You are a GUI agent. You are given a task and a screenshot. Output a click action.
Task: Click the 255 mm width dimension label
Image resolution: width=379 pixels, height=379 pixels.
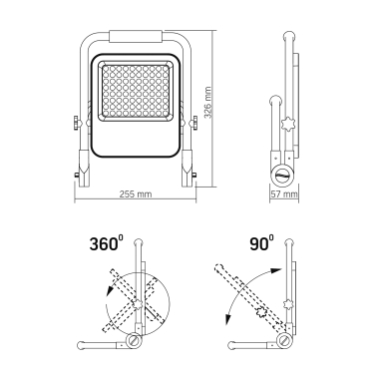[x=136, y=193]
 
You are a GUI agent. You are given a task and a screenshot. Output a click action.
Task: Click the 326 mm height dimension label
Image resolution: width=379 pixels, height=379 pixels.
[x=208, y=103]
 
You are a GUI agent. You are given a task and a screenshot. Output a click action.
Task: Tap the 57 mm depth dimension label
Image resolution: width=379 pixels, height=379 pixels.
[x=284, y=194]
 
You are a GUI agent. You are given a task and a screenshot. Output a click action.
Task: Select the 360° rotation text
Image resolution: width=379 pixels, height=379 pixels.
[x=104, y=243]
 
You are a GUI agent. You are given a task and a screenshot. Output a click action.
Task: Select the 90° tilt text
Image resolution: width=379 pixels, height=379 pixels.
[x=261, y=243]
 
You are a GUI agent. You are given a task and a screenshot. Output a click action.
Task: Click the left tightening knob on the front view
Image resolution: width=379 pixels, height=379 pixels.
[x=77, y=122]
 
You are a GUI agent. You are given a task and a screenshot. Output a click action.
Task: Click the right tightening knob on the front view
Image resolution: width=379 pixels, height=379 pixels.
[x=193, y=122]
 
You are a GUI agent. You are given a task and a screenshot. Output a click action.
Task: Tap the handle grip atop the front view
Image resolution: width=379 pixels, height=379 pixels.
[x=136, y=37]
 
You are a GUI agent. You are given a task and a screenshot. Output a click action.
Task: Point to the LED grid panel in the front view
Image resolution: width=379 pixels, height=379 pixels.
[x=136, y=90]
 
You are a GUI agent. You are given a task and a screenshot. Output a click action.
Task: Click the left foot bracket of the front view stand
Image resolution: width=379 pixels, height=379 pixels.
[x=84, y=169]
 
